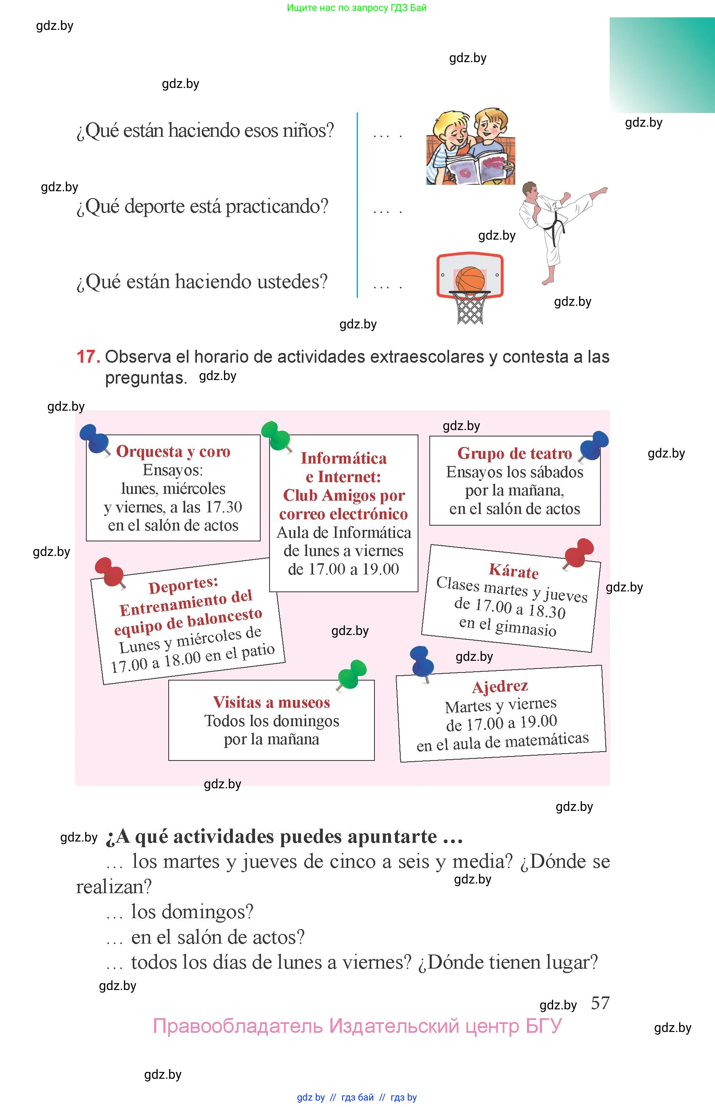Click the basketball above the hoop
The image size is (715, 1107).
470,280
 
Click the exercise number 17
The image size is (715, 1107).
88,357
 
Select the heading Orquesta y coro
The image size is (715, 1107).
173,451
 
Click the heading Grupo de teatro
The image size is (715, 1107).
514,453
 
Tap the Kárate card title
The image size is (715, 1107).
514,571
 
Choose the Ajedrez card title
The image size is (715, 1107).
500,686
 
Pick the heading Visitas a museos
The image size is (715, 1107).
271,702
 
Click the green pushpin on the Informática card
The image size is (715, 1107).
276,435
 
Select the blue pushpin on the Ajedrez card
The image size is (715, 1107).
422,661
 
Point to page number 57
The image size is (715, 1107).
600,1003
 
